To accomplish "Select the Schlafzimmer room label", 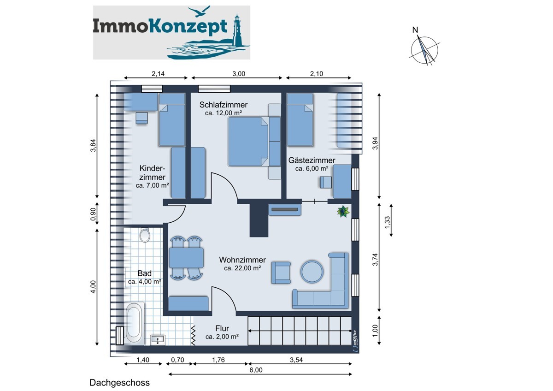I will coord(224,105).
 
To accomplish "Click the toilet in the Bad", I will coord(145,236).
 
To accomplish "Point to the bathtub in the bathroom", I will coord(134,323).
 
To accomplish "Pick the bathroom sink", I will coord(158,340).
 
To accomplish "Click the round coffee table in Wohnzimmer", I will coord(312,272).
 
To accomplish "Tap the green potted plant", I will coord(343,212).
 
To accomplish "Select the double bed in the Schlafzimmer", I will coord(248,141).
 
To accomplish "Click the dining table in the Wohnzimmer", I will coord(186,258).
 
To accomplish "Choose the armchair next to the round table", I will coord(281,272).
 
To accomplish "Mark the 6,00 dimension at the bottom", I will coord(256,370).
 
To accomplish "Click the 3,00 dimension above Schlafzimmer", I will coord(238,73).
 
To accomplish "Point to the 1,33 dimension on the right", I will coord(387,220).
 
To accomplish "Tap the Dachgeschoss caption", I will coord(119,383).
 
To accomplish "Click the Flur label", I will coord(222,328).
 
